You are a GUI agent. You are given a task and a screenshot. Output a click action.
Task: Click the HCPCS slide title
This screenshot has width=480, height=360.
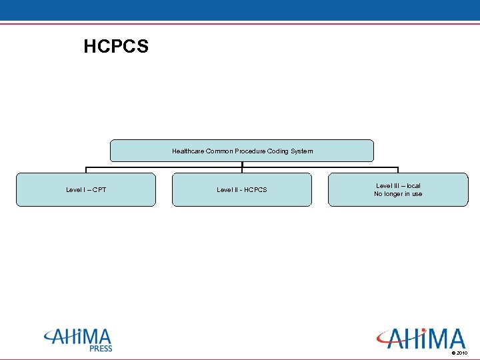(x=116, y=47)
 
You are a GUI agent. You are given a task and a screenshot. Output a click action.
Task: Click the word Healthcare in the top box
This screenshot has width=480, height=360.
(x=188, y=151)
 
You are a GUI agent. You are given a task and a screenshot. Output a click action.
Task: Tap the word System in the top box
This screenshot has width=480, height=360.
(x=301, y=151)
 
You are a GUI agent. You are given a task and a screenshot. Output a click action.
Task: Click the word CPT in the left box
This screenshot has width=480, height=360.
(x=99, y=190)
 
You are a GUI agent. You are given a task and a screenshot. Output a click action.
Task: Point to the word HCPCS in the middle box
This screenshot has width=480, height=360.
(x=255, y=190)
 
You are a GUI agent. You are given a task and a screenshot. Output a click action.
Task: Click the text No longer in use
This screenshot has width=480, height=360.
(x=398, y=194)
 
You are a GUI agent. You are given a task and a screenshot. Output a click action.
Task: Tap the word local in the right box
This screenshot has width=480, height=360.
(x=413, y=186)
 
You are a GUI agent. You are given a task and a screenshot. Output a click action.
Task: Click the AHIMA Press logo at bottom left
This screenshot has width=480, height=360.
(x=78, y=339)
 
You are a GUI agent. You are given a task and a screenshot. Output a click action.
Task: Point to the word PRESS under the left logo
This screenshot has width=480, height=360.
(x=101, y=349)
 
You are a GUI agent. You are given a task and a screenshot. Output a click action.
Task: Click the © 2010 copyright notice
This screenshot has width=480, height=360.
(x=459, y=353)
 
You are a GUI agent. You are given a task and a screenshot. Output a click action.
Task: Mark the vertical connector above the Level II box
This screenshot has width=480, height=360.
(x=242, y=167)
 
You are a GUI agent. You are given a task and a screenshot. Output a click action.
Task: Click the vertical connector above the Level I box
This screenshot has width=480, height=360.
(x=86, y=169)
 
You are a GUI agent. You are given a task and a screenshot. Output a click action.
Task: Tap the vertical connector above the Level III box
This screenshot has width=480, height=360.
(x=398, y=169)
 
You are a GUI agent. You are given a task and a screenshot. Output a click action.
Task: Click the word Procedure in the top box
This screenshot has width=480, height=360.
(x=248, y=151)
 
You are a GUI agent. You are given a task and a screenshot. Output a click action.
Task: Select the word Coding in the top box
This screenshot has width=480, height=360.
(x=277, y=151)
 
